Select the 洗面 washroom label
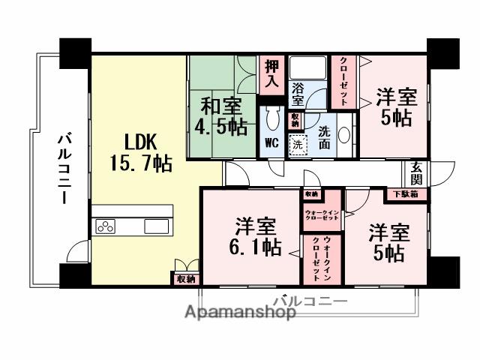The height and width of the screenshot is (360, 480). pos(324,136)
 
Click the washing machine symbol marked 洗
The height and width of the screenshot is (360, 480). pos(298,145)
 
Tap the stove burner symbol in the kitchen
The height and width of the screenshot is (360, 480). pos(105,226)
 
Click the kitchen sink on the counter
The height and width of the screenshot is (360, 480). pos(157,226)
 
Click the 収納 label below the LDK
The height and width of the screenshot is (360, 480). pos(184,278)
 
